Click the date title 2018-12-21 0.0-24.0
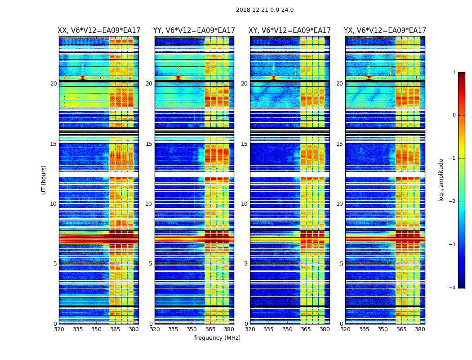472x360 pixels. (x=265, y=10)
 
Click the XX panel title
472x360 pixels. (x=99, y=31)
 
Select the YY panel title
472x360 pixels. (x=194, y=31)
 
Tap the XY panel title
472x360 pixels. (x=290, y=31)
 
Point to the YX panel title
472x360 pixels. (x=385, y=31)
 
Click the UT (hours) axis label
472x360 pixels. (x=44, y=180)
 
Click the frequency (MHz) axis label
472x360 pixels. (x=217, y=338)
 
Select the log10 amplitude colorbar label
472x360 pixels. (x=441, y=180)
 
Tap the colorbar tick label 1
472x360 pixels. (x=454, y=72)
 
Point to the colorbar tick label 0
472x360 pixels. (x=454, y=115)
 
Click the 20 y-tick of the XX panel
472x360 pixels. (x=53, y=84)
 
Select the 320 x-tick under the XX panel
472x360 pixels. (x=59, y=329)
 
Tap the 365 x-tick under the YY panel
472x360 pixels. (x=210, y=329)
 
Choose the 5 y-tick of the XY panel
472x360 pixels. (x=246, y=264)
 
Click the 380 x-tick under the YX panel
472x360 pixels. (x=420, y=329)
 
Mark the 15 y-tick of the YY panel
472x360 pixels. (x=149, y=144)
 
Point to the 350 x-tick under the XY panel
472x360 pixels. (x=287, y=329)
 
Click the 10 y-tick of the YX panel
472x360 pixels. (x=339, y=204)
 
